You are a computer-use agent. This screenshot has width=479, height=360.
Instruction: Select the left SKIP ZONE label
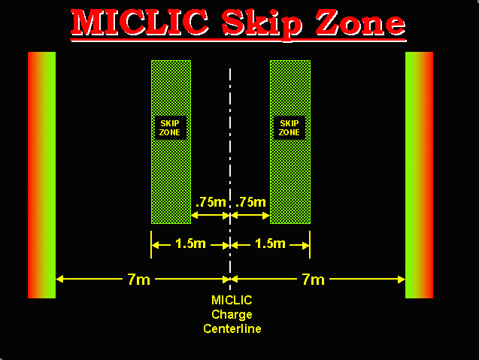(171, 128)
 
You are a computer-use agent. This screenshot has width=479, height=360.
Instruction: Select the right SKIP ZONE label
(290, 128)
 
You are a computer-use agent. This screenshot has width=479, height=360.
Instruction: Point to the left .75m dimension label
(210, 202)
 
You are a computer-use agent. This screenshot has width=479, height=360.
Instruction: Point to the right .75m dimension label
(250, 202)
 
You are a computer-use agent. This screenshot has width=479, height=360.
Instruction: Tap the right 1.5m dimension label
(269, 244)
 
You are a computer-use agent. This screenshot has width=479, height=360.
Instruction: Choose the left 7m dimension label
(138, 280)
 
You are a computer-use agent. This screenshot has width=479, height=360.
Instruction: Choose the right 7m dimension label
(313, 280)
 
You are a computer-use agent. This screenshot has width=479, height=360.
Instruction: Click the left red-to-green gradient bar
(41, 174)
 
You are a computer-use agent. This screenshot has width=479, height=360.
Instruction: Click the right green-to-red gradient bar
(419, 174)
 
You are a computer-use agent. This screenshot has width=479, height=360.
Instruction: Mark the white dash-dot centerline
(230, 150)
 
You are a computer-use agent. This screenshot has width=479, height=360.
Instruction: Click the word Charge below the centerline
(232, 314)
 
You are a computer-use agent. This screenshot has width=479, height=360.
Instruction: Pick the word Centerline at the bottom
(232, 328)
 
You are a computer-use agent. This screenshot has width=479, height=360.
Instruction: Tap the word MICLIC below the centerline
(232, 301)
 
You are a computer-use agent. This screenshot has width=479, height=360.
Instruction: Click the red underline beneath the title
(238, 39)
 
